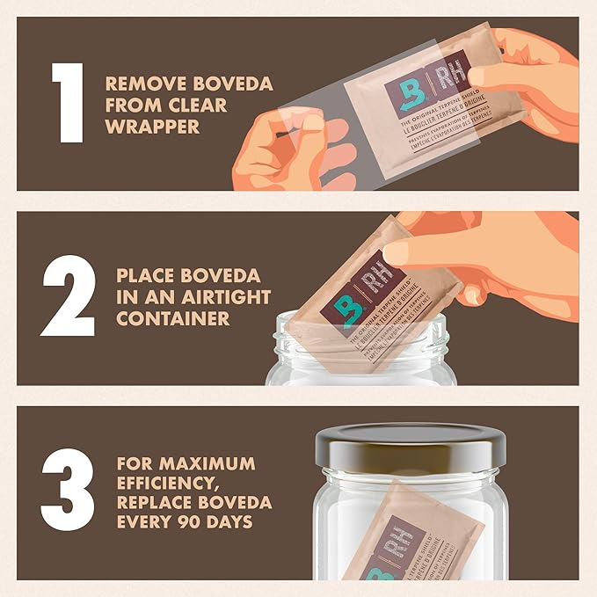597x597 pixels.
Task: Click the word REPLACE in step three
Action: (x=149, y=504)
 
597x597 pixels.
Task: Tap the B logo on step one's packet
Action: (x=405, y=96)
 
